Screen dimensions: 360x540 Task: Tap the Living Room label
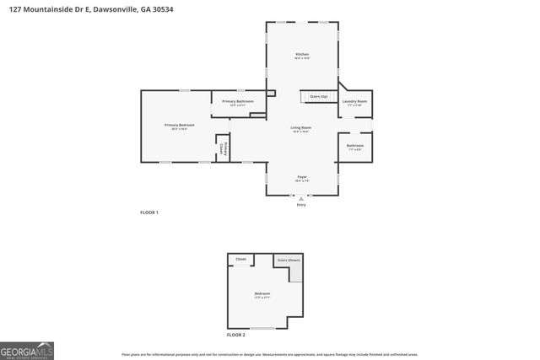point(301,129)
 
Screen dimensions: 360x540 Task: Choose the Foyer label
point(301,178)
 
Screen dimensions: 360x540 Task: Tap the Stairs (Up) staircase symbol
point(318,97)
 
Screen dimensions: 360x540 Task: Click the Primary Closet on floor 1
point(224,148)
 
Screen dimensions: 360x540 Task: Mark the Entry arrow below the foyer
point(301,199)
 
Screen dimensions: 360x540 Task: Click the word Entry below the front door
point(301,206)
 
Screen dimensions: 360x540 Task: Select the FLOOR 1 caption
point(149,212)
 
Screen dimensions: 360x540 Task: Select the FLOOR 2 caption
point(235,335)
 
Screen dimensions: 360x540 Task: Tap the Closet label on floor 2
point(240,259)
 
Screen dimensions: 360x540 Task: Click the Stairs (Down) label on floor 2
point(289,261)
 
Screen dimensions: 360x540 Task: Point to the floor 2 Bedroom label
point(262,294)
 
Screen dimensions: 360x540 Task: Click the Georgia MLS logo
point(27,350)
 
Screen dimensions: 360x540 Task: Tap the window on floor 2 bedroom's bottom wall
point(262,328)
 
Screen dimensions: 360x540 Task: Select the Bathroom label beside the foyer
point(354,147)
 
